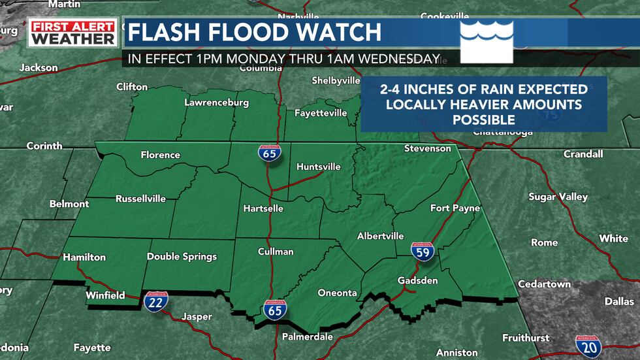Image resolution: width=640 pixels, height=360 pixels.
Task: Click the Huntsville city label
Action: coord(319,167)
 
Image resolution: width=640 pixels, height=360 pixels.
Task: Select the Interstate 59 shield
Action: coord(423,251)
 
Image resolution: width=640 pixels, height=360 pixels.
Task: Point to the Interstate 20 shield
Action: coord(588,346)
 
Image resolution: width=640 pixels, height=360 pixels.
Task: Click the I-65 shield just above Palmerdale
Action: coord(276,310)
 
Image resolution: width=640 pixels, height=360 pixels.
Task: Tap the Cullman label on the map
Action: coord(276,252)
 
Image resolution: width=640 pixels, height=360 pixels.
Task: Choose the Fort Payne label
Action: coord(455,208)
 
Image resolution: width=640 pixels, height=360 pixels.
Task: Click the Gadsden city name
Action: coord(418,280)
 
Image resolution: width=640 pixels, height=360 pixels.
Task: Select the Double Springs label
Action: coord(182,257)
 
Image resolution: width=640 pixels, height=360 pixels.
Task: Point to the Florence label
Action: coord(160,155)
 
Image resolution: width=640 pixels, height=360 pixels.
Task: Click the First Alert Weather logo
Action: coord(73,33)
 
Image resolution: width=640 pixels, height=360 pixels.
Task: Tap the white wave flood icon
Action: coord(487,41)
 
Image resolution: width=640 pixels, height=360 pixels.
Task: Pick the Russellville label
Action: coord(140,199)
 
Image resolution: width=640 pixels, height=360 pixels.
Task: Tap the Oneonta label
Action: coord(337,293)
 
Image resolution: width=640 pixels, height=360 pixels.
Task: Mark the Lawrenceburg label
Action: coord(216,103)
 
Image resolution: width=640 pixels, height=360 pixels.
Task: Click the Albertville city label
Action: coord(380,236)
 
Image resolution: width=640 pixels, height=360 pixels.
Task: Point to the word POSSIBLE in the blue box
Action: coord(483,120)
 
